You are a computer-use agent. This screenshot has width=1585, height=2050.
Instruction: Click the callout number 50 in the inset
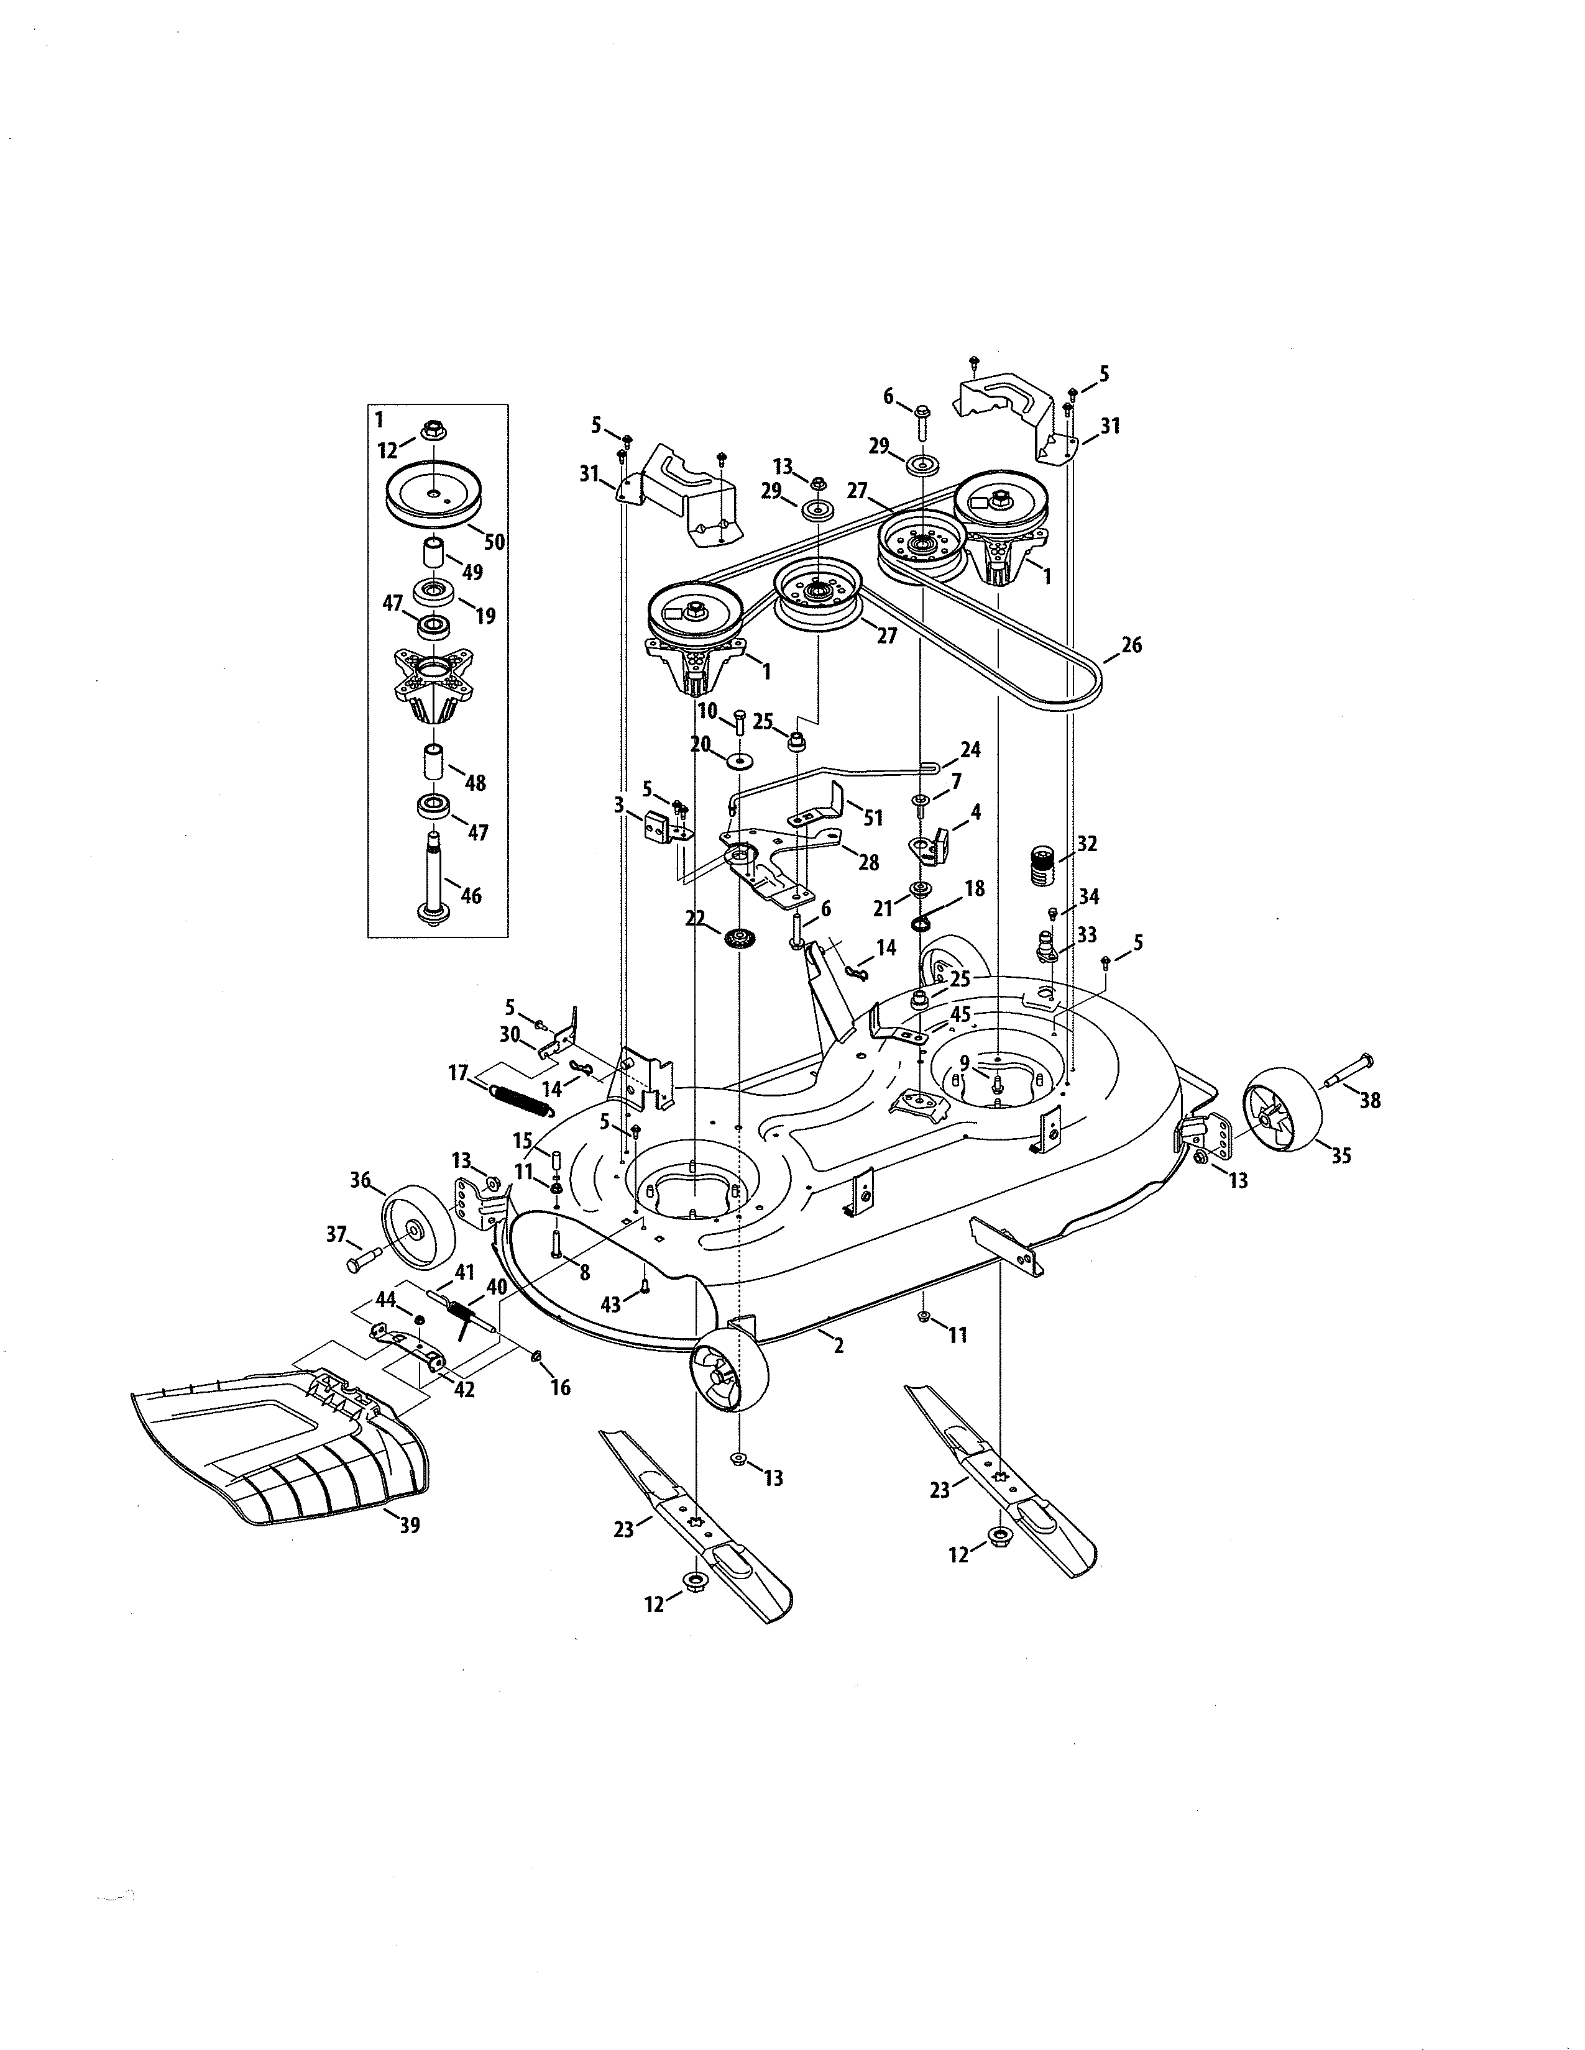tap(494, 542)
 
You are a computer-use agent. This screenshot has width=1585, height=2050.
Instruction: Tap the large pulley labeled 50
tap(434, 493)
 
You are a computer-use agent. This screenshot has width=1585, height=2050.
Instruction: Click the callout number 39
tap(410, 1525)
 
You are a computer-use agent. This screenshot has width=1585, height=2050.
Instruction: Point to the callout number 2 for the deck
tap(838, 1345)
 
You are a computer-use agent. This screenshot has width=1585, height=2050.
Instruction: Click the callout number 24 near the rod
tap(970, 749)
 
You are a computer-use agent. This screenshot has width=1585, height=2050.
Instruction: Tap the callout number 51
tap(873, 818)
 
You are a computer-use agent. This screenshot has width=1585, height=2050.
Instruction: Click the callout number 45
tap(960, 1014)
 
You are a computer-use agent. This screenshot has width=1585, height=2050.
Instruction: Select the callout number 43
tap(611, 1305)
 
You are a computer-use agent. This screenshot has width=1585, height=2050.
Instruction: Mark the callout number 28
tap(868, 862)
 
